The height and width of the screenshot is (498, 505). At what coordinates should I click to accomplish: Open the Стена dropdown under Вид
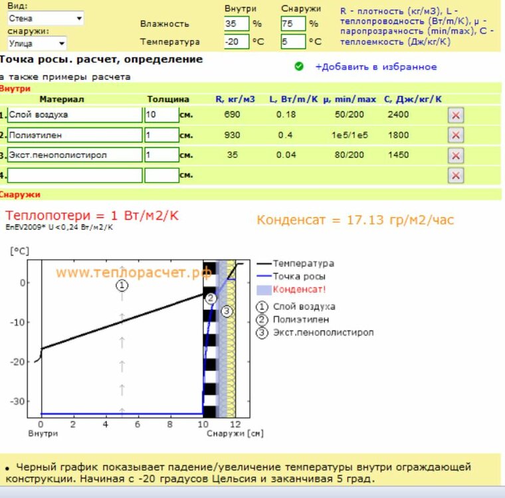(45, 19)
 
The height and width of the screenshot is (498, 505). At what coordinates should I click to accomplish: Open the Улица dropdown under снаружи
(37, 44)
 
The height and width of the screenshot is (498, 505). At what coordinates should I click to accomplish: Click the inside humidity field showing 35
(236, 23)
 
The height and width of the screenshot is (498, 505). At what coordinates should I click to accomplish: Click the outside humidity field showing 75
(292, 23)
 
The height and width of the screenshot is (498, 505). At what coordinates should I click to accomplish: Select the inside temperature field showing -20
(236, 41)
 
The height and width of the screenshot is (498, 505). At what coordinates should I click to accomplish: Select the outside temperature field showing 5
(292, 41)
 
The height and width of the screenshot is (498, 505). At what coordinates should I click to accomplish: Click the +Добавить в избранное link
(375, 66)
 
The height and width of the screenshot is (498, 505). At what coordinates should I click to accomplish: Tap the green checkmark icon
(298, 66)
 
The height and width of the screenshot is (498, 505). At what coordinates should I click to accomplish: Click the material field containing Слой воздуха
(75, 115)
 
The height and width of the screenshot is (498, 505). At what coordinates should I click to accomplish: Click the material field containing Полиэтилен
(75, 135)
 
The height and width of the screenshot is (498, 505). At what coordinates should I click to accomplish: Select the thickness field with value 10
(161, 115)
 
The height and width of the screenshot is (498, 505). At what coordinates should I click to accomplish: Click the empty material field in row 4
(75, 175)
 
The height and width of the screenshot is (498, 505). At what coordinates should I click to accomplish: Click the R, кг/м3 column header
(235, 99)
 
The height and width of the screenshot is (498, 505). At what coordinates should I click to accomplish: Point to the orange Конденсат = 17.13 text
(355, 220)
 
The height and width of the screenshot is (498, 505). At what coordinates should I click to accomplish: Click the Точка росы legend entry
(299, 276)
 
